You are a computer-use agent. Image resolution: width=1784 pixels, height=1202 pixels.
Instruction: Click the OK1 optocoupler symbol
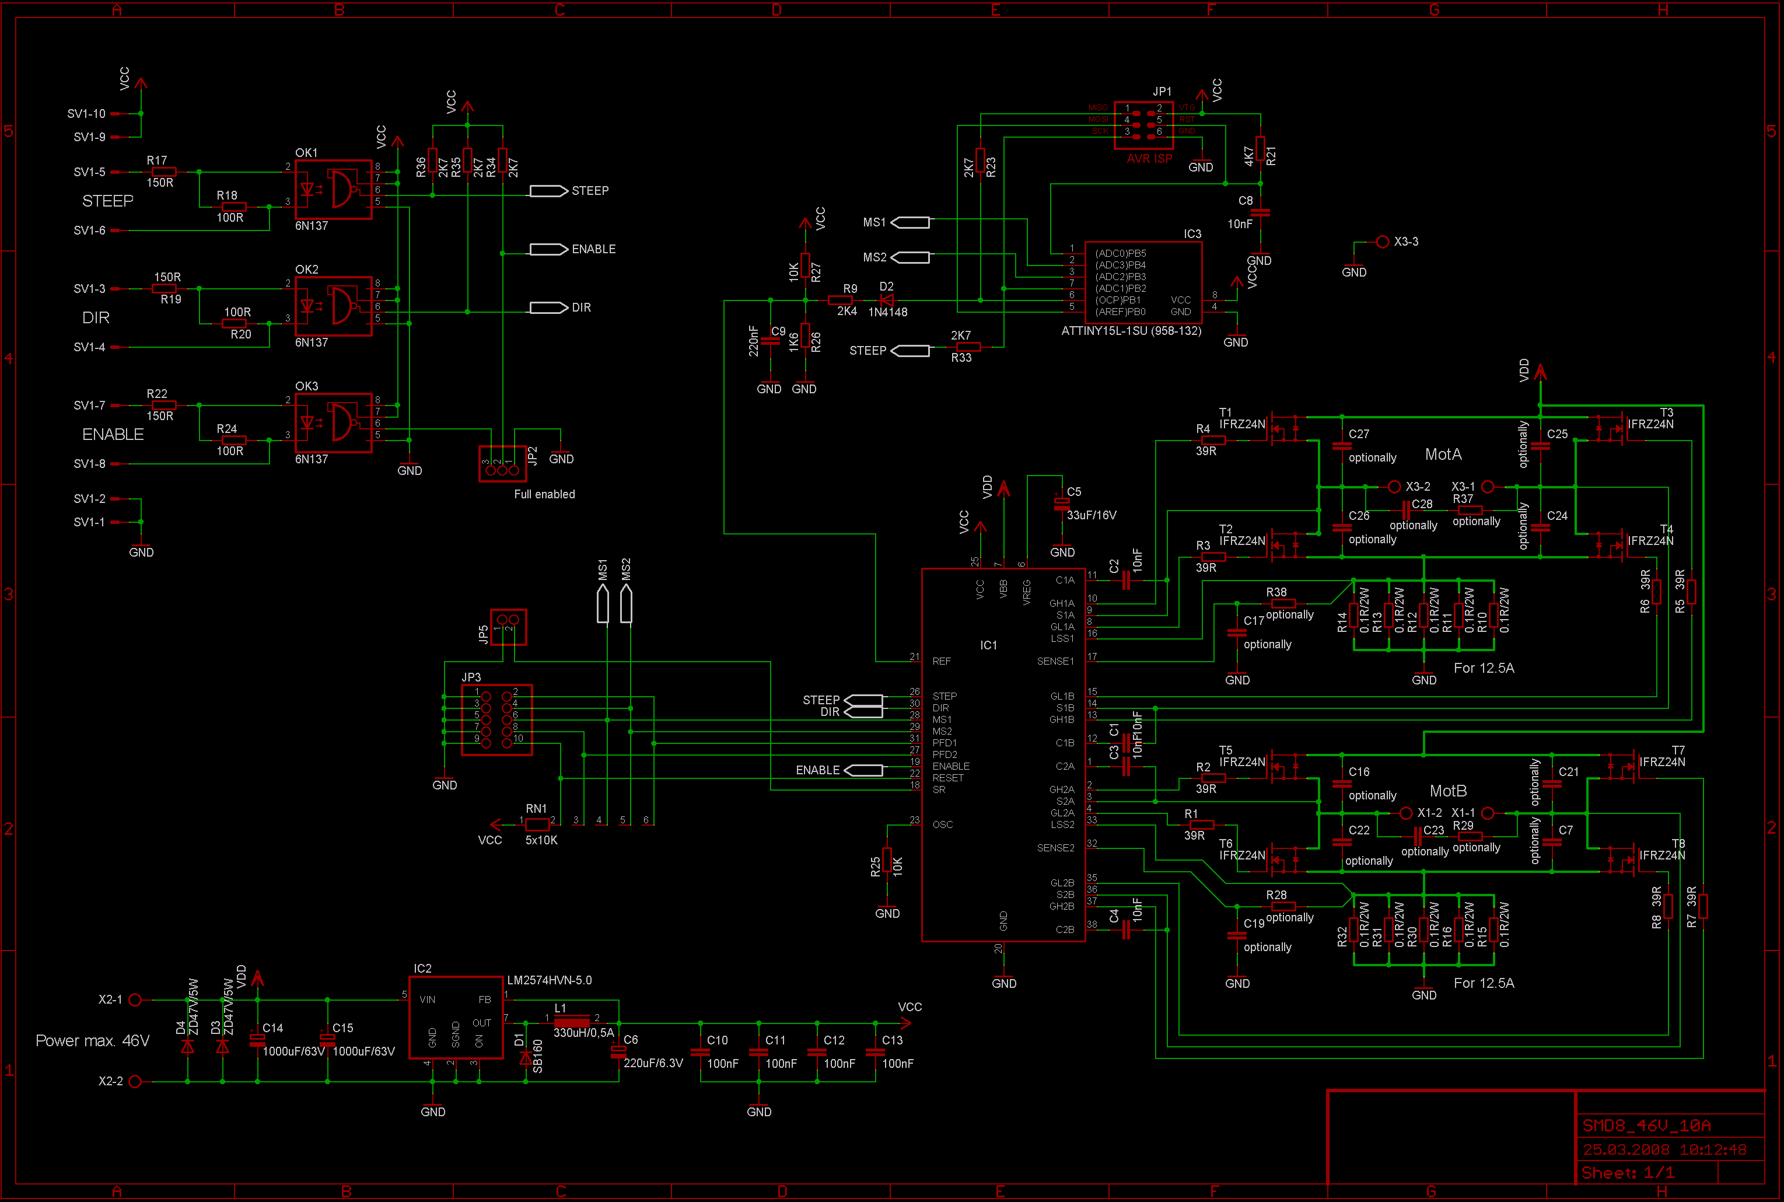coord(333,190)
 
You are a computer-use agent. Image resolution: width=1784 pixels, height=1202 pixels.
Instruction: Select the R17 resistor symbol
coord(163,172)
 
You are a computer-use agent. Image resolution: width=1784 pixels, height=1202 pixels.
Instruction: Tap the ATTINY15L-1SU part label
coord(1131,331)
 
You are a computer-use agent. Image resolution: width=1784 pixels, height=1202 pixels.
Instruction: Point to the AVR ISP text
coord(1149,159)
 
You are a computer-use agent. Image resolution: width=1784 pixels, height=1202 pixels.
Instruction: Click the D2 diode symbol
coord(887,300)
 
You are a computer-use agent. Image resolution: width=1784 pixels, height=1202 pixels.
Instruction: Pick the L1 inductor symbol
coord(572,1023)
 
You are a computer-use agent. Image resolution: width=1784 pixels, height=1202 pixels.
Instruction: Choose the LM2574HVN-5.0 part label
coord(550,980)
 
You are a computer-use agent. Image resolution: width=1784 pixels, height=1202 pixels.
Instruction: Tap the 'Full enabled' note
coord(544,494)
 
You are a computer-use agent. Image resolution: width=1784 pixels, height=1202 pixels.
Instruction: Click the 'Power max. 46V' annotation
coord(93,1041)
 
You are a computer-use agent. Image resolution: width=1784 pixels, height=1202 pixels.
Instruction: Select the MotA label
coord(1443,455)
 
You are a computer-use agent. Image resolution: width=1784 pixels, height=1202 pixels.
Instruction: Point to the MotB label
coord(1447,791)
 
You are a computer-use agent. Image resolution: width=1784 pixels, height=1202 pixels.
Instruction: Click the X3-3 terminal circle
coord(1383,242)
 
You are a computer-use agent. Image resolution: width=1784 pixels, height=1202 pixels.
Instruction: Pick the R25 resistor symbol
coord(887,860)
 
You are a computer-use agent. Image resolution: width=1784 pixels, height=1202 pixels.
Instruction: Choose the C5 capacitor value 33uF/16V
coord(1092,515)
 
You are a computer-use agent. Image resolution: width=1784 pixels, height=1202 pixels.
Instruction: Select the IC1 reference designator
coord(989,645)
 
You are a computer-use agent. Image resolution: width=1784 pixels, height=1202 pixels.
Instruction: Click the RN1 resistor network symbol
coord(537,825)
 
